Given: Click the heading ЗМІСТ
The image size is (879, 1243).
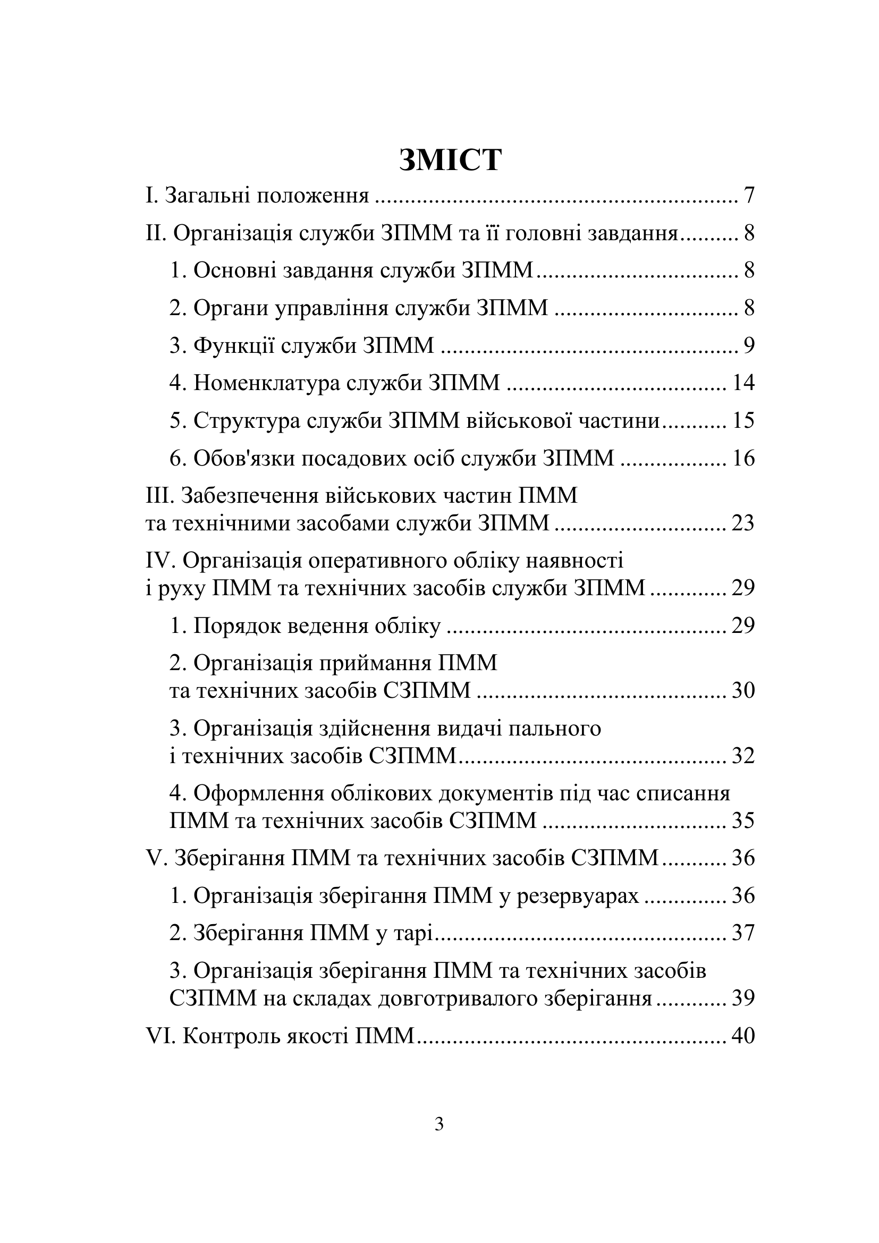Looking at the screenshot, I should (450, 160).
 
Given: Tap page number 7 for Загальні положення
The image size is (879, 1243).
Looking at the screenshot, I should (749, 196).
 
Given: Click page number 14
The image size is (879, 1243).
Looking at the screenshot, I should (743, 383).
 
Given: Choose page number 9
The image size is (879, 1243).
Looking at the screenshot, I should (749, 345).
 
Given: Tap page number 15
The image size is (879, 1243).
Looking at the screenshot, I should (743, 421).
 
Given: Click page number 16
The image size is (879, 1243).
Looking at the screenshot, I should (743, 459).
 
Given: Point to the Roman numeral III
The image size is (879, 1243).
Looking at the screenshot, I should (159, 496).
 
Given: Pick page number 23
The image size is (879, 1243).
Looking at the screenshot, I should (743, 523).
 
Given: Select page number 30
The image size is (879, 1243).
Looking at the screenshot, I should (743, 691).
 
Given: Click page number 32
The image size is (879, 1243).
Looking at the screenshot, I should (743, 756).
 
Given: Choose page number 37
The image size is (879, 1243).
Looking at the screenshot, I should (743, 933).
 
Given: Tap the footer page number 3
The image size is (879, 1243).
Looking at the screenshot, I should (439, 1124).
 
